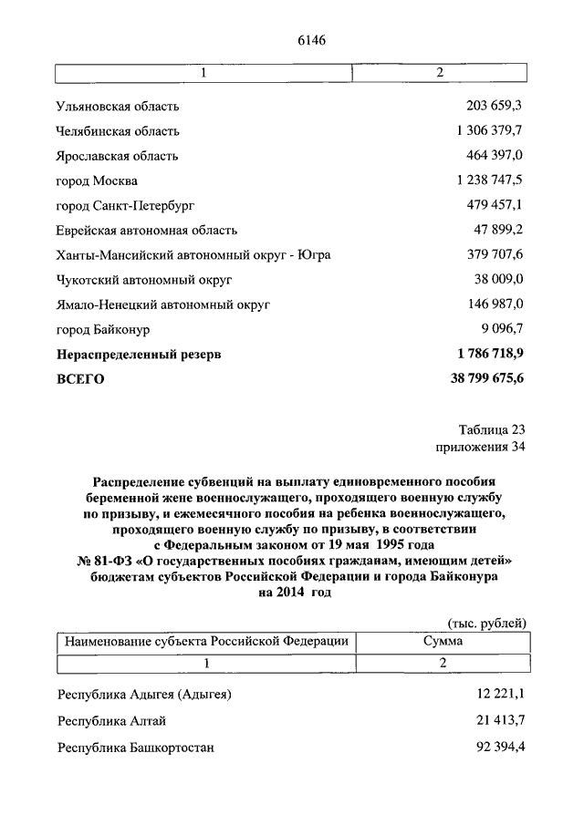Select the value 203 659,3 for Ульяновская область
(x=495, y=107)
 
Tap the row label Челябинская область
(x=118, y=131)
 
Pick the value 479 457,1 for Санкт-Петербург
(x=495, y=205)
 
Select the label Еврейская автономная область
(x=147, y=230)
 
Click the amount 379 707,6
(x=495, y=254)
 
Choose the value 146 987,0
(x=495, y=304)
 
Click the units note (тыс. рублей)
(x=486, y=623)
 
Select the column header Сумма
(x=442, y=642)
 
